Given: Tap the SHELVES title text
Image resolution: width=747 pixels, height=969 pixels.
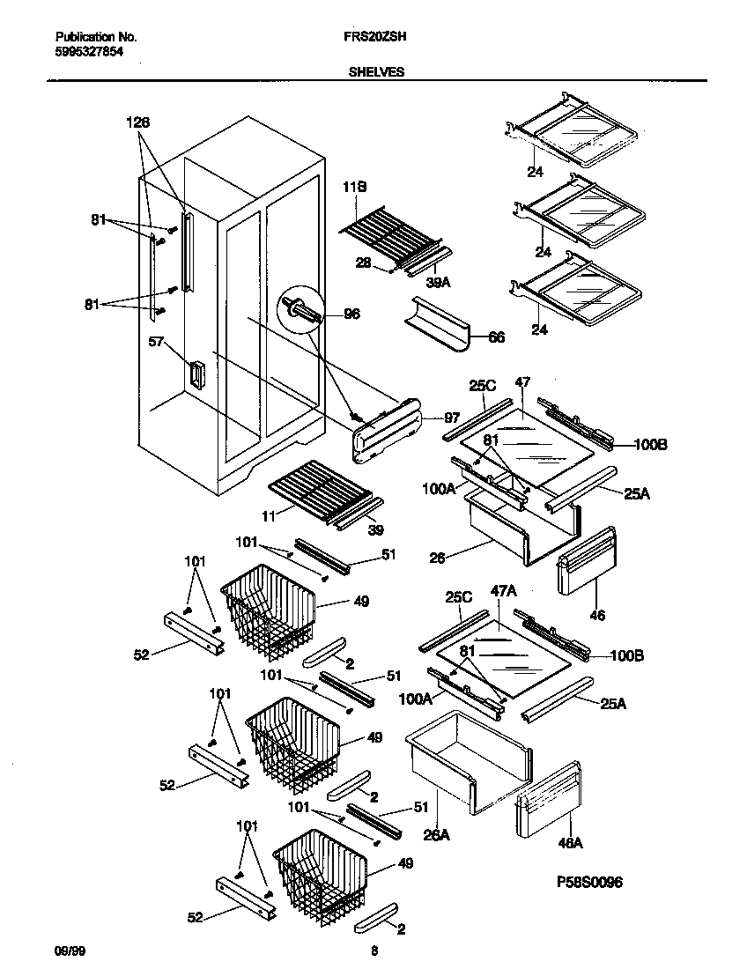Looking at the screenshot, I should (376, 73).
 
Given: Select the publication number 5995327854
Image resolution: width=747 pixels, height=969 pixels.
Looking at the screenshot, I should (89, 52).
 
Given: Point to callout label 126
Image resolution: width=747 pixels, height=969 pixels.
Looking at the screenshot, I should (138, 123).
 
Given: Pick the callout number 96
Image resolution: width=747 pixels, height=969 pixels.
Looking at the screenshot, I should (351, 314).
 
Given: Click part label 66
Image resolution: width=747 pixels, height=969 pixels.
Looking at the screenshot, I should (496, 337).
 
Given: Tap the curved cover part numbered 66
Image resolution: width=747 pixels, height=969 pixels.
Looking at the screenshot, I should (439, 322).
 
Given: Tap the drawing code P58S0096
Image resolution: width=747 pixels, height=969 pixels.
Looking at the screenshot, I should (590, 882).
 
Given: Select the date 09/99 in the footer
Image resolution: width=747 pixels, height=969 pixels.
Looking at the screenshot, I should (68, 951).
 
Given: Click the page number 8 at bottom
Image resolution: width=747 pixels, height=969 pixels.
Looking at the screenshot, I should (374, 951).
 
